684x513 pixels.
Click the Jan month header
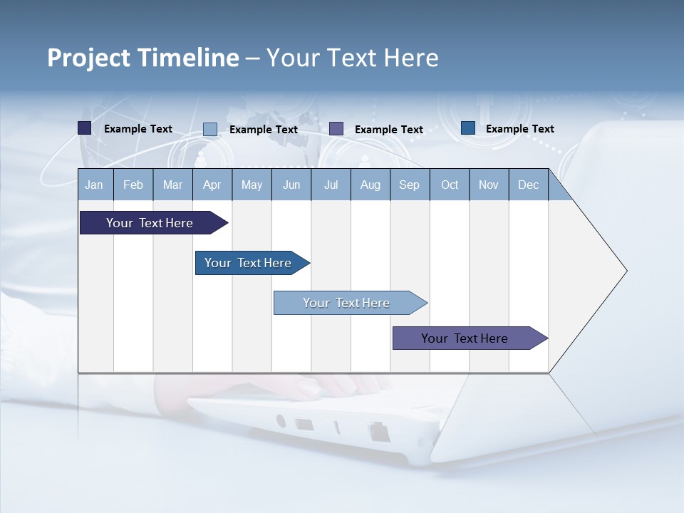point(94,185)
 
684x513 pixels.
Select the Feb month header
point(133,185)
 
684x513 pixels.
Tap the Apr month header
point(212,185)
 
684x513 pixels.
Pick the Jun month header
point(291,185)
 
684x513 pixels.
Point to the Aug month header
point(370,185)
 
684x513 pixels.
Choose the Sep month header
point(409,185)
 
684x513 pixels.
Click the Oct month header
point(450,185)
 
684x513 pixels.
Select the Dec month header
point(528,185)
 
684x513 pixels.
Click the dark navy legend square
point(85,128)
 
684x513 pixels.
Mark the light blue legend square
point(210,129)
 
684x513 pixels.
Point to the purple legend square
point(336,129)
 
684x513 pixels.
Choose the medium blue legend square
point(468,128)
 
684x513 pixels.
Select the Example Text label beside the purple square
point(388,130)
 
